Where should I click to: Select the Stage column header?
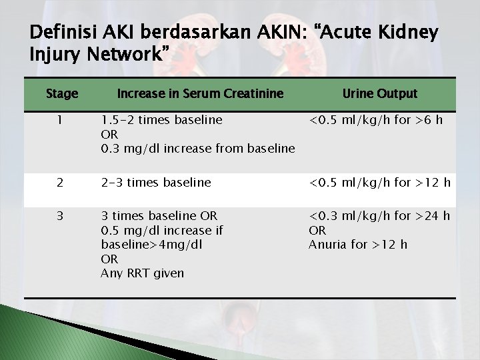click(x=62, y=94)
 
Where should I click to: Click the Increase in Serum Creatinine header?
click(x=200, y=94)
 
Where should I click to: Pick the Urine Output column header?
click(x=379, y=94)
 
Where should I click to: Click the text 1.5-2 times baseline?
click(x=161, y=121)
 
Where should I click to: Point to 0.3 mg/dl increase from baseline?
click(x=197, y=149)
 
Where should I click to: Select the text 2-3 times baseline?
click(x=155, y=183)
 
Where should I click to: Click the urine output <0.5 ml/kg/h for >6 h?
click(x=376, y=121)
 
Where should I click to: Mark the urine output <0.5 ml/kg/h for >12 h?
click(x=379, y=183)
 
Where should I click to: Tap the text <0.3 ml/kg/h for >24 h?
click(x=379, y=216)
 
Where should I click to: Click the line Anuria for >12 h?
click(x=357, y=245)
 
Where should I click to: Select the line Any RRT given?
click(x=142, y=273)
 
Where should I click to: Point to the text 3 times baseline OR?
click(x=159, y=216)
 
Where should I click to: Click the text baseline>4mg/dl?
click(x=151, y=245)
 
